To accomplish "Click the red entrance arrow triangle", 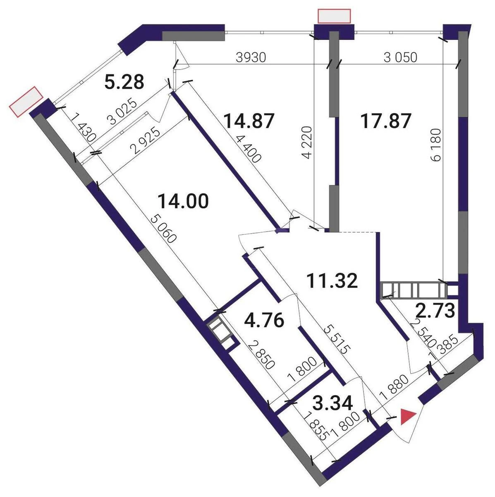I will pos(408,417).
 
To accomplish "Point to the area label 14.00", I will pos(183,202).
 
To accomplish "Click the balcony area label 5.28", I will pos(124,82).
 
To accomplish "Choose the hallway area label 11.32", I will pos(332,281).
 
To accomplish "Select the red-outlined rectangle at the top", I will pos(334,16).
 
